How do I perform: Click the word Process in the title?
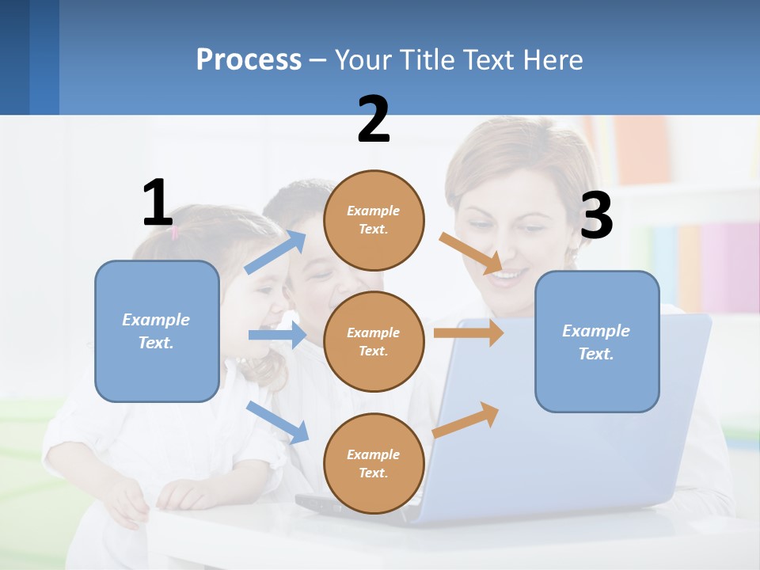[249, 60]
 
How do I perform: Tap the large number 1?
[158, 203]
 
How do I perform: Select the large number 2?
[374, 120]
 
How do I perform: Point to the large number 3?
[596, 216]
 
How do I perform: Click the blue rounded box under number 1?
[157, 332]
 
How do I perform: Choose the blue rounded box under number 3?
[597, 342]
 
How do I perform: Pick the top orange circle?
[374, 219]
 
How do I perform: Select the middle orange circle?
[374, 341]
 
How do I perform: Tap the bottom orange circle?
[374, 463]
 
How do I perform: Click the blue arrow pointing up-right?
[275, 252]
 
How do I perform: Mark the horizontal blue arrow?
[277, 335]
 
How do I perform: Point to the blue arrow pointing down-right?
[277, 421]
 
